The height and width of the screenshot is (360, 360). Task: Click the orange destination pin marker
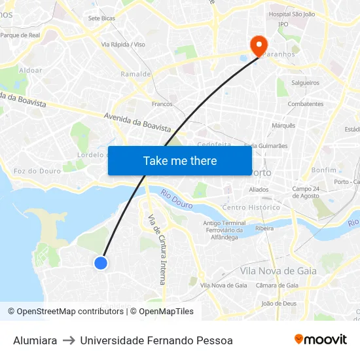pyautogui.click(x=259, y=45)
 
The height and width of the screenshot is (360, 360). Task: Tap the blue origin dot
pyautogui.click(x=100, y=262)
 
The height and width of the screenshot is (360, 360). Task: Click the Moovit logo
pyautogui.click(x=321, y=339)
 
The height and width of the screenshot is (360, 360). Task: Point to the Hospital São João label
pyautogui.click(x=292, y=14)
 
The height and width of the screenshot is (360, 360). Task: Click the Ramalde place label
pyautogui.click(x=135, y=74)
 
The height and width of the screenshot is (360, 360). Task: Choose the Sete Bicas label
pyautogui.click(x=101, y=18)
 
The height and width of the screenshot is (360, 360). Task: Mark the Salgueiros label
pyautogui.click(x=305, y=83)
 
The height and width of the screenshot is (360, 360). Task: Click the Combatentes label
pyautogui.click(x=306, y=104)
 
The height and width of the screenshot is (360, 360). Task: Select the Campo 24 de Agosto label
pyautogui.click(x=306, y=192)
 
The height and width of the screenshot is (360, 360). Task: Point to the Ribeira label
pyautogui.click(x=264, y=228)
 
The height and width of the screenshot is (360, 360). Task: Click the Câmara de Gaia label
pyautogui.click(x=277, y=285)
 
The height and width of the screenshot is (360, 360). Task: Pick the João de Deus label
pyautogui.click(x=279, y=304)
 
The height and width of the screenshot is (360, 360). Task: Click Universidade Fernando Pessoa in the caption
pyautogui.click(x=156, y=340)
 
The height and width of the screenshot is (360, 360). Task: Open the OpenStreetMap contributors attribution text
pyautogui.click(x=70, y=312)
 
